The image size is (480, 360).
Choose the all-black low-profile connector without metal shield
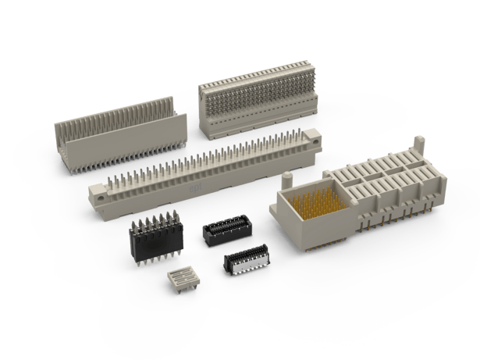(221, 230)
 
